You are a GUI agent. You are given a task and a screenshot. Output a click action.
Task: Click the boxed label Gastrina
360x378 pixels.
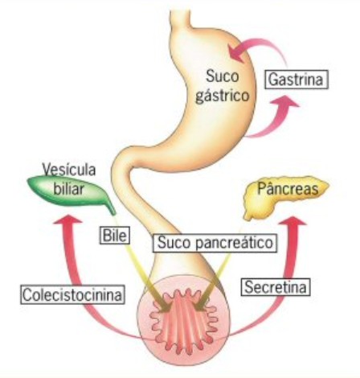pos(297,80)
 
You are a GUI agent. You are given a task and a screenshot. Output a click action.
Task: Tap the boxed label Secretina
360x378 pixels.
pos(276,287)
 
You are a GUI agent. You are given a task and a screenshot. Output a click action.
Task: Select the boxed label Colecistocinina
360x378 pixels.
pos(72,294)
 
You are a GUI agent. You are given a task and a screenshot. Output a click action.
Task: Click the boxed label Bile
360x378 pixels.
pos(115,235)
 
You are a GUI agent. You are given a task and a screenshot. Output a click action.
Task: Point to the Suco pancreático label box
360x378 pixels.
pos(215,243)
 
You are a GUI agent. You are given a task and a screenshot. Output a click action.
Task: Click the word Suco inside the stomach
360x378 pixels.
pos(223,76)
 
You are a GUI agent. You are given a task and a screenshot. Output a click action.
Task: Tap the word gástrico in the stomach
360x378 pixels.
pos(223,96)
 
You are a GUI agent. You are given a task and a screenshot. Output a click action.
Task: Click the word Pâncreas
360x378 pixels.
pos(288,188)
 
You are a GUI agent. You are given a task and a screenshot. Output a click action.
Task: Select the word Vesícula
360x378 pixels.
pos(69,170)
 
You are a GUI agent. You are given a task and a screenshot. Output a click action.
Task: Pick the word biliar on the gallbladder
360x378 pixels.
pos(69,189)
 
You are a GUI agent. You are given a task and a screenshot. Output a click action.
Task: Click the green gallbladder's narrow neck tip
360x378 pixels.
pos(113,213)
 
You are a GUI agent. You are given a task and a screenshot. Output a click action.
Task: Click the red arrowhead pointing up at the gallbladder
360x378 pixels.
pos(67,220)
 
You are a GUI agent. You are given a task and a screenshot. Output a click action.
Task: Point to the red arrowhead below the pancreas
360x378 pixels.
pos(292,221)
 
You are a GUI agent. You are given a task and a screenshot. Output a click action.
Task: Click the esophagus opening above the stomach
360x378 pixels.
pos(181,12)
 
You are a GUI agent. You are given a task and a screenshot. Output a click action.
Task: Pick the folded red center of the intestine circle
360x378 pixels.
pos(184,321)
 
